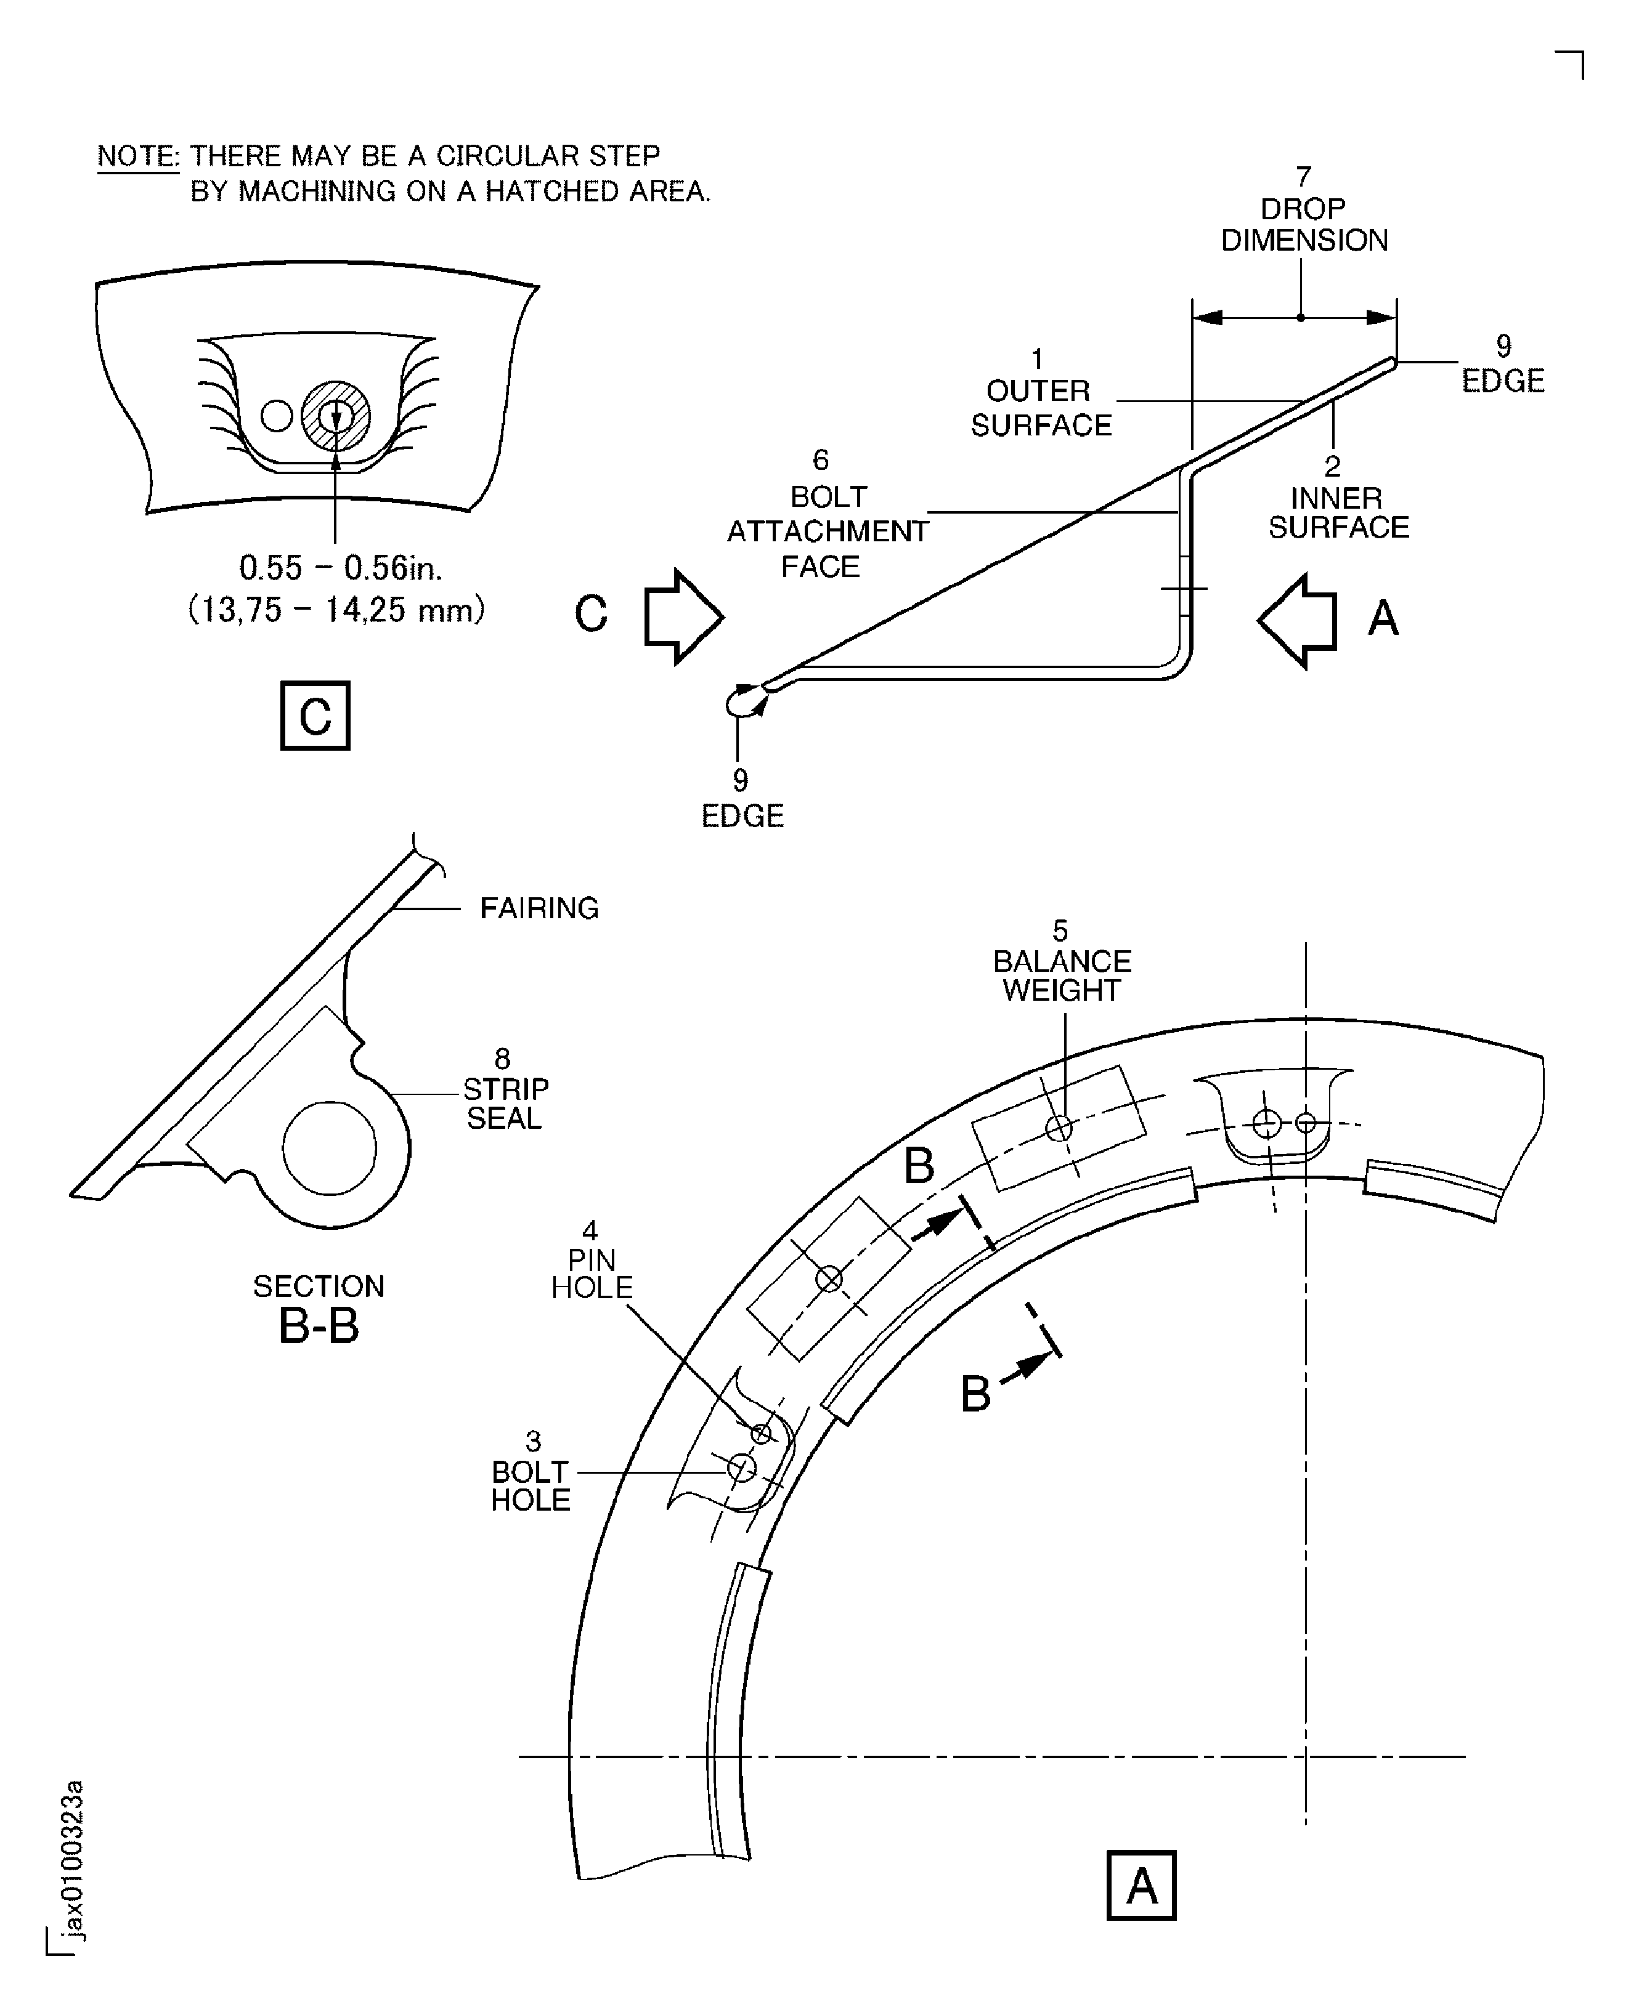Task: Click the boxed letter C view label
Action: click(315, 716)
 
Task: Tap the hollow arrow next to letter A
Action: click(1298, 621)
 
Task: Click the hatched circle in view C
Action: click(335, 415)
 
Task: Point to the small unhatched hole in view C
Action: click(276, 415)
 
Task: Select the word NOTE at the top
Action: click(138, 155)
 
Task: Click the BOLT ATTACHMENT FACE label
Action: click(827, 531)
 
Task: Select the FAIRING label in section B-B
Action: click(539, 908)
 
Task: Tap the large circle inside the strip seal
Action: click(329, 1149)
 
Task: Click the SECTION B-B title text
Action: click(319, 1308)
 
